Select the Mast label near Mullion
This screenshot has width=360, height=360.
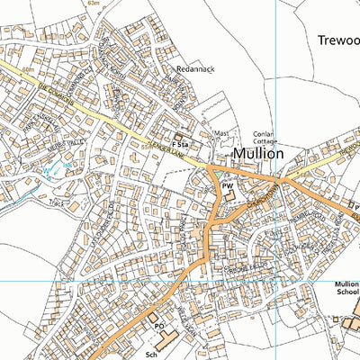[x=220, y=134]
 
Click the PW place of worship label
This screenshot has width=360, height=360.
[x=227, y=184]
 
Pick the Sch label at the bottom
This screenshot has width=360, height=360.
[x=151, y=355]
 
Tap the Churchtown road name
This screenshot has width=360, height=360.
[x=262, y=199]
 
